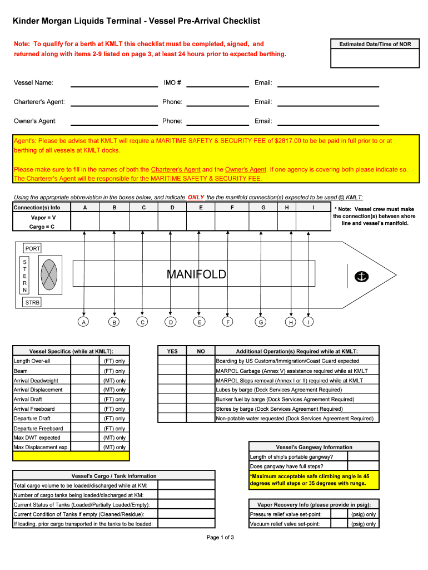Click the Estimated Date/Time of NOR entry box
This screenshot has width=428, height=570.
(x=371, y=58)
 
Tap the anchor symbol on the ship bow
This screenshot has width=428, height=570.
(x=362, y=276)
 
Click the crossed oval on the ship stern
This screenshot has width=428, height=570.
(x=49, y=274)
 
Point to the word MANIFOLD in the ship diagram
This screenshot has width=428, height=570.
(x=196, y=274)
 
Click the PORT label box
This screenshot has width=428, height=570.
(x=33, y=248)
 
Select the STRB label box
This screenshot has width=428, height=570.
(x=32, y=302)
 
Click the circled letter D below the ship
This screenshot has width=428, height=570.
(x=171, y=322)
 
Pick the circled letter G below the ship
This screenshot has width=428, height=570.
(x=260, y=322)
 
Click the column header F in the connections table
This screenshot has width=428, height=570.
(x=232, y=208)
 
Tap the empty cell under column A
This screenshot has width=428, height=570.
(x=85, y=222)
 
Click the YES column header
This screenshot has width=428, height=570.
(x=172, y=351)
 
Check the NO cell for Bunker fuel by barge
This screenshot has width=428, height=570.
(x=201, y=399)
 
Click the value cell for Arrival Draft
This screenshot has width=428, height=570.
(x=86, y=399)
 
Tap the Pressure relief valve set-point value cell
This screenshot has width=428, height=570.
(x=339, y=514)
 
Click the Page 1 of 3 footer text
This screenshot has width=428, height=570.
(x=220, y=537)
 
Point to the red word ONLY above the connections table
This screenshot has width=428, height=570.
(x=196, y=198)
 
